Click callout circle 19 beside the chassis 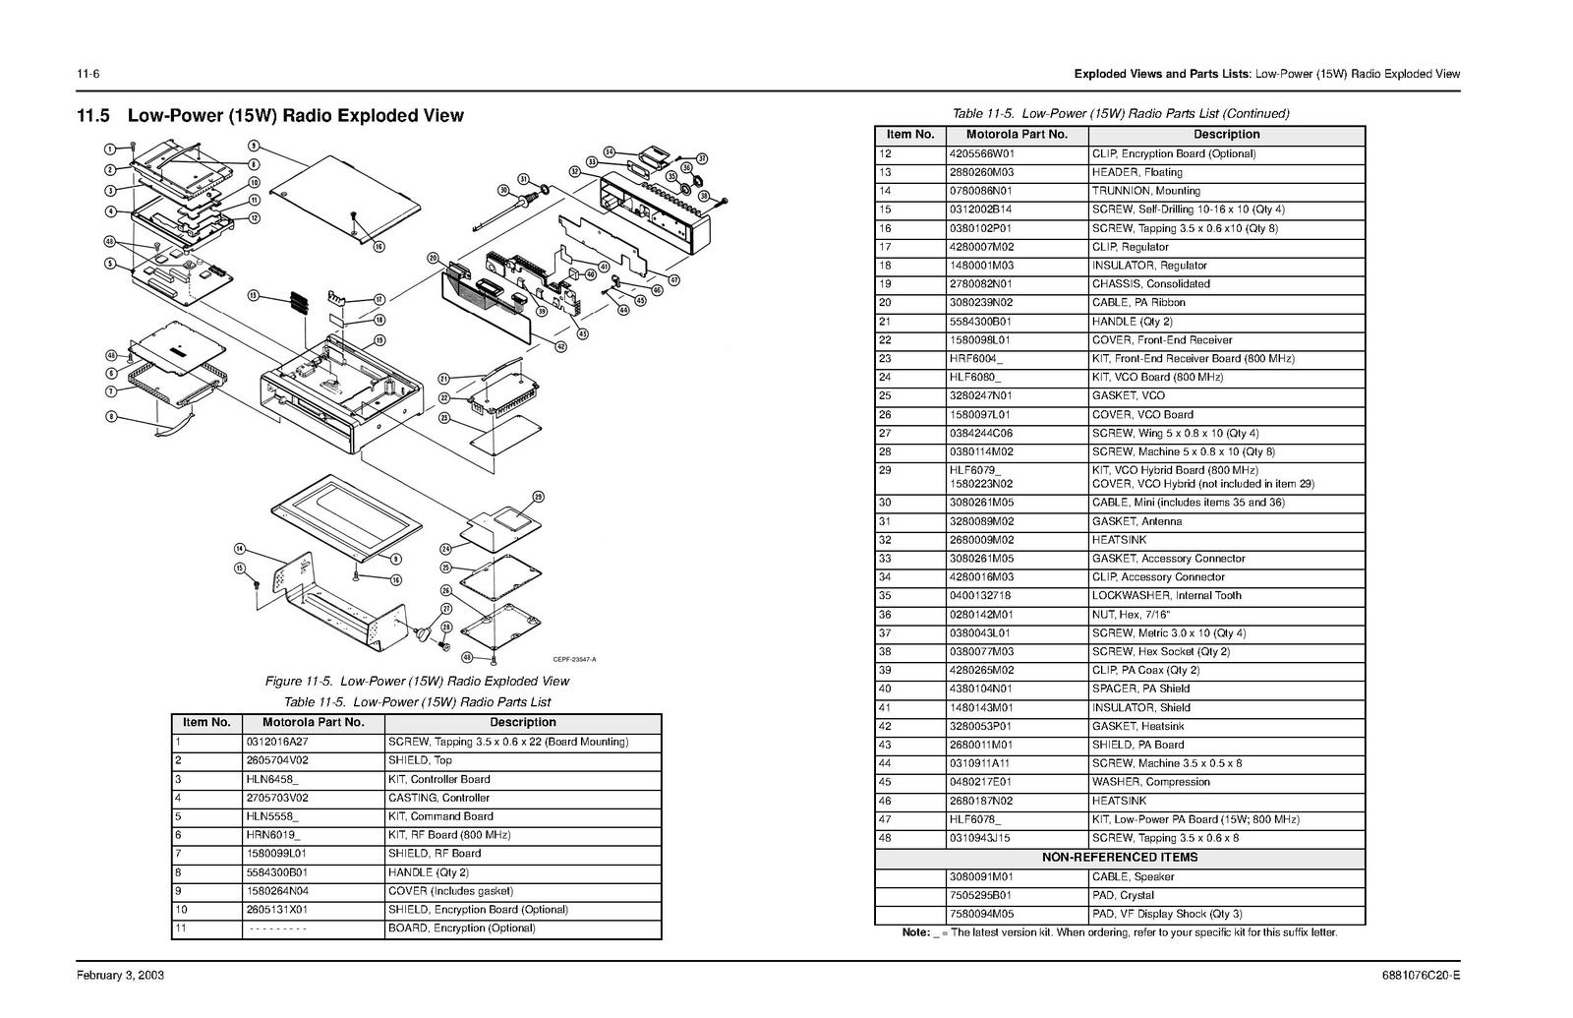[379, 340]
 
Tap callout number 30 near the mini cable [503, 190]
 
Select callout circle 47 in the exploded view [674, 280]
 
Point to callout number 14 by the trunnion [240, 548]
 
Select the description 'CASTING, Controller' [438, 798]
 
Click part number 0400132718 [979, 595]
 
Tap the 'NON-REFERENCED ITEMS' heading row [1120, 857]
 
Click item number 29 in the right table [885, 470]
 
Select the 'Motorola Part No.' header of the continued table [1017, 135]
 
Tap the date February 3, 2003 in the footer [121, 976]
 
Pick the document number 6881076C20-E [1421, 976]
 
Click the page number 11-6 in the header [89, 74]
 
